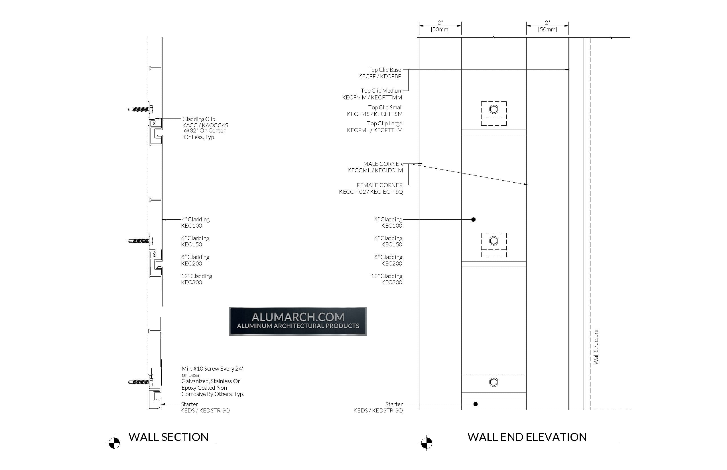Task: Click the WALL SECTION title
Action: pos(168,437)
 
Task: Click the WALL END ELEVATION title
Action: pos(527,437)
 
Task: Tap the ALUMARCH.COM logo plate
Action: pos(298,321)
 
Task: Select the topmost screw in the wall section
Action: pos(140,109)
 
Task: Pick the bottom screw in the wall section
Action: pos(140,382)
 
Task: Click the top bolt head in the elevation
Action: pos(494,109)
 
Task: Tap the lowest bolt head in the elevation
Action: pos(494,382)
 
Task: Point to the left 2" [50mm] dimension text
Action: pos(440,26)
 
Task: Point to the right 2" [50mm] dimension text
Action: pos(547,26)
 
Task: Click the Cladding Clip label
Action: pos(199,119)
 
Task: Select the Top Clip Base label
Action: pos(385,70)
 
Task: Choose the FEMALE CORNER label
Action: pos(380,185)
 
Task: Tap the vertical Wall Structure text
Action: pos(596,347)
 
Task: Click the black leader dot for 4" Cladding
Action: pos(474,219)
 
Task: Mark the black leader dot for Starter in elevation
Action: pos(476,404)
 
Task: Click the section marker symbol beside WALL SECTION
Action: pos(114,443)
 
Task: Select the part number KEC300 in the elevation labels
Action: pos(392,282)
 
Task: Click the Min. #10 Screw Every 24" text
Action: pos(213,369)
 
